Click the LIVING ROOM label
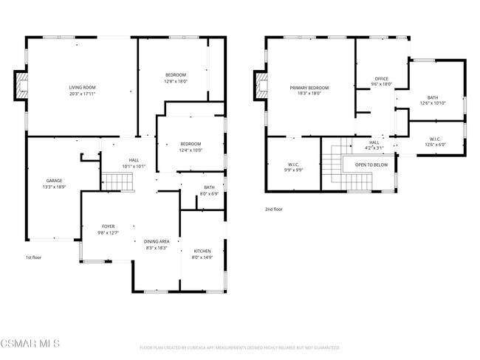[x=82, y=88]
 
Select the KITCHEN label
[x=202, y=251]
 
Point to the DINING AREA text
[x=157, y=241]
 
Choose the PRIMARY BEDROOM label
[x=309, y=88]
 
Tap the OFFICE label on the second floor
[x=381, y=78]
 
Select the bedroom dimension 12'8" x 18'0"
[x=175, y=80]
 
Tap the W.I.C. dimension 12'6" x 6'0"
[x=435, y=145]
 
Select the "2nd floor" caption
[x=274, y=209]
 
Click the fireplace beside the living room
[x=21, y=86]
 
